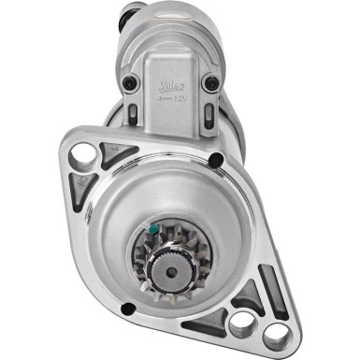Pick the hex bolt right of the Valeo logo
tap(212, 83)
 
